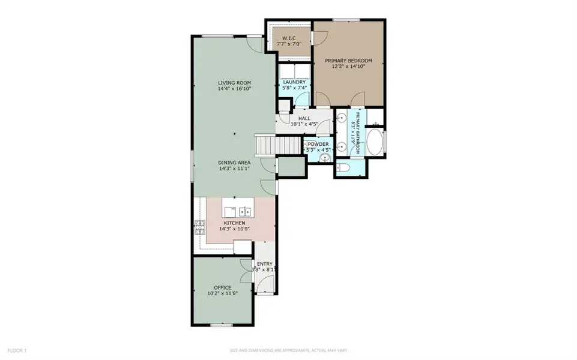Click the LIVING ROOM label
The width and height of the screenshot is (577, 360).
[x=234, y=83]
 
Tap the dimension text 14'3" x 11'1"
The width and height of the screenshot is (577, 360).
[x=234, y=169]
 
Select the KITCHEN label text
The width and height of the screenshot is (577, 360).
[x=234, y=223]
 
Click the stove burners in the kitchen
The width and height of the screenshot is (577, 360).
[x=199, y=227]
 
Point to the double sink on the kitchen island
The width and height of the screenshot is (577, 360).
[x=245, y=211]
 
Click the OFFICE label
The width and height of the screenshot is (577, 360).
[x=222, y=288]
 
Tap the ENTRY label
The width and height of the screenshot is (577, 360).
[x=265, y=264]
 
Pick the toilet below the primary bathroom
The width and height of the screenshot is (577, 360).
[x=343, y=167]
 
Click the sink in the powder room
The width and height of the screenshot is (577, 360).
[x=325, y=158]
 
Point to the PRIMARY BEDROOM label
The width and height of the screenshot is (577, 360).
[x=348, y=61]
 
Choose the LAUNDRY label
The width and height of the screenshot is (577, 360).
[x=295, y=82]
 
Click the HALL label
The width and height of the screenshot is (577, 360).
[x=304, y=119]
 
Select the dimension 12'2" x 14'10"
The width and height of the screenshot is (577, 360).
[x=348, y=67]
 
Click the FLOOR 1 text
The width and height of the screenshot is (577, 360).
[x=17, y=350]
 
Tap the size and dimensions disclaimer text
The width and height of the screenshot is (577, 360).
[x=288, y=350]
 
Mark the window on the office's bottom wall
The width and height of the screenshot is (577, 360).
[x=221, y=325]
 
